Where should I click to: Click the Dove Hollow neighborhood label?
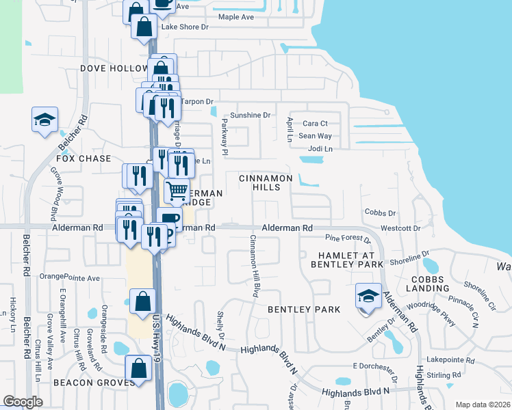[x=114, y=68]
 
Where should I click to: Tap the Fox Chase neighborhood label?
[x=84, y=159]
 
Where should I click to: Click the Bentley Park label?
[x=304, y=310]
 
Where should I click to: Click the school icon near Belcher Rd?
[x=44, y=120]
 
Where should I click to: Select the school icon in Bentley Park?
[x=368, y=296]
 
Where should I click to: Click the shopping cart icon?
[x=177, y=190]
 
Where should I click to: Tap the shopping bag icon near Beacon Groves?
[x=139, y=368]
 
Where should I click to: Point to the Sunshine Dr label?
[x=251, y=115]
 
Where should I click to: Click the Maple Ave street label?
[x=235, y=17]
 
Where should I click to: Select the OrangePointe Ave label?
[x=69, y=277]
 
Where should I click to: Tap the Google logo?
[x=23, y=402]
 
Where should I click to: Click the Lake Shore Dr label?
[x=184, y=27]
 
